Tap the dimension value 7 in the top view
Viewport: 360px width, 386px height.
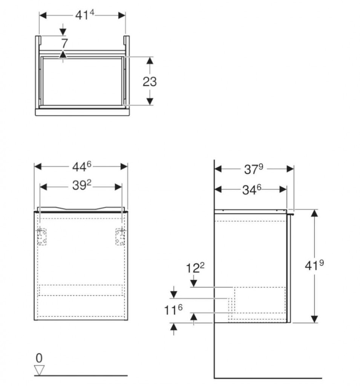(x=64, y=44)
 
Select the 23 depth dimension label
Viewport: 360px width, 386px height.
(x=150, y=81)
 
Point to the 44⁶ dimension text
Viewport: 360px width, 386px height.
(x=81, y=167)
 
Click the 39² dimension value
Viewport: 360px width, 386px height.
(x=81, y=185)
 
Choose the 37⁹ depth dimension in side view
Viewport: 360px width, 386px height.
(x=253, y=169)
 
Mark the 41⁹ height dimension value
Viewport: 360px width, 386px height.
(x=314, y=265)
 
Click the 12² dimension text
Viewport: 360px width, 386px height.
(x=195, y=268)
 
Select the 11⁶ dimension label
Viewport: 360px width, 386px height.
(x=173, y=310)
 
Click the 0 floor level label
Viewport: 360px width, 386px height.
(x=39, y=358)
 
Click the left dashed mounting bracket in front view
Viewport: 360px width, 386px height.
(x=42, y=237)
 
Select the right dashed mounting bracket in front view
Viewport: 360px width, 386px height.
(x=120, y=237)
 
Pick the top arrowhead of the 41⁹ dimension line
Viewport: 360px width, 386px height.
(x=314, y=213)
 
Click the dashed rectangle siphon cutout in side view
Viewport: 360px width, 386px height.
(x=260, y=300)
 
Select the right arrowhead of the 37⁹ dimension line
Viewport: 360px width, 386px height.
(x=290, y=169)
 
